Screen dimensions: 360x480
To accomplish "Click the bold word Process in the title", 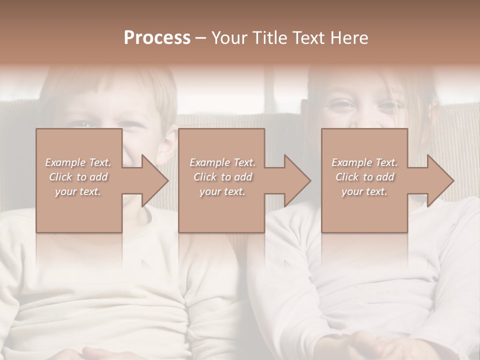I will [x=157, y=38].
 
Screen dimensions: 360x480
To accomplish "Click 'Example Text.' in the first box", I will [x=78, y=162].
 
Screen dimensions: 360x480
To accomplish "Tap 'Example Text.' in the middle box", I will [x=222, y=162].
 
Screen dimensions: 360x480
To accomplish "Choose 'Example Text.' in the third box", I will [x=364, y=162].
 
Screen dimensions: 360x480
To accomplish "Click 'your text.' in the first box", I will [x=78, y=191].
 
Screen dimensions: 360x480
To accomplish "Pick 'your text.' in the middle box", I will [x=222, y=191].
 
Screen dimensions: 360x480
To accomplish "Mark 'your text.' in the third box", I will [x=364, y=191].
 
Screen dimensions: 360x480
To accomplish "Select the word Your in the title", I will [x=228, y=38].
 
